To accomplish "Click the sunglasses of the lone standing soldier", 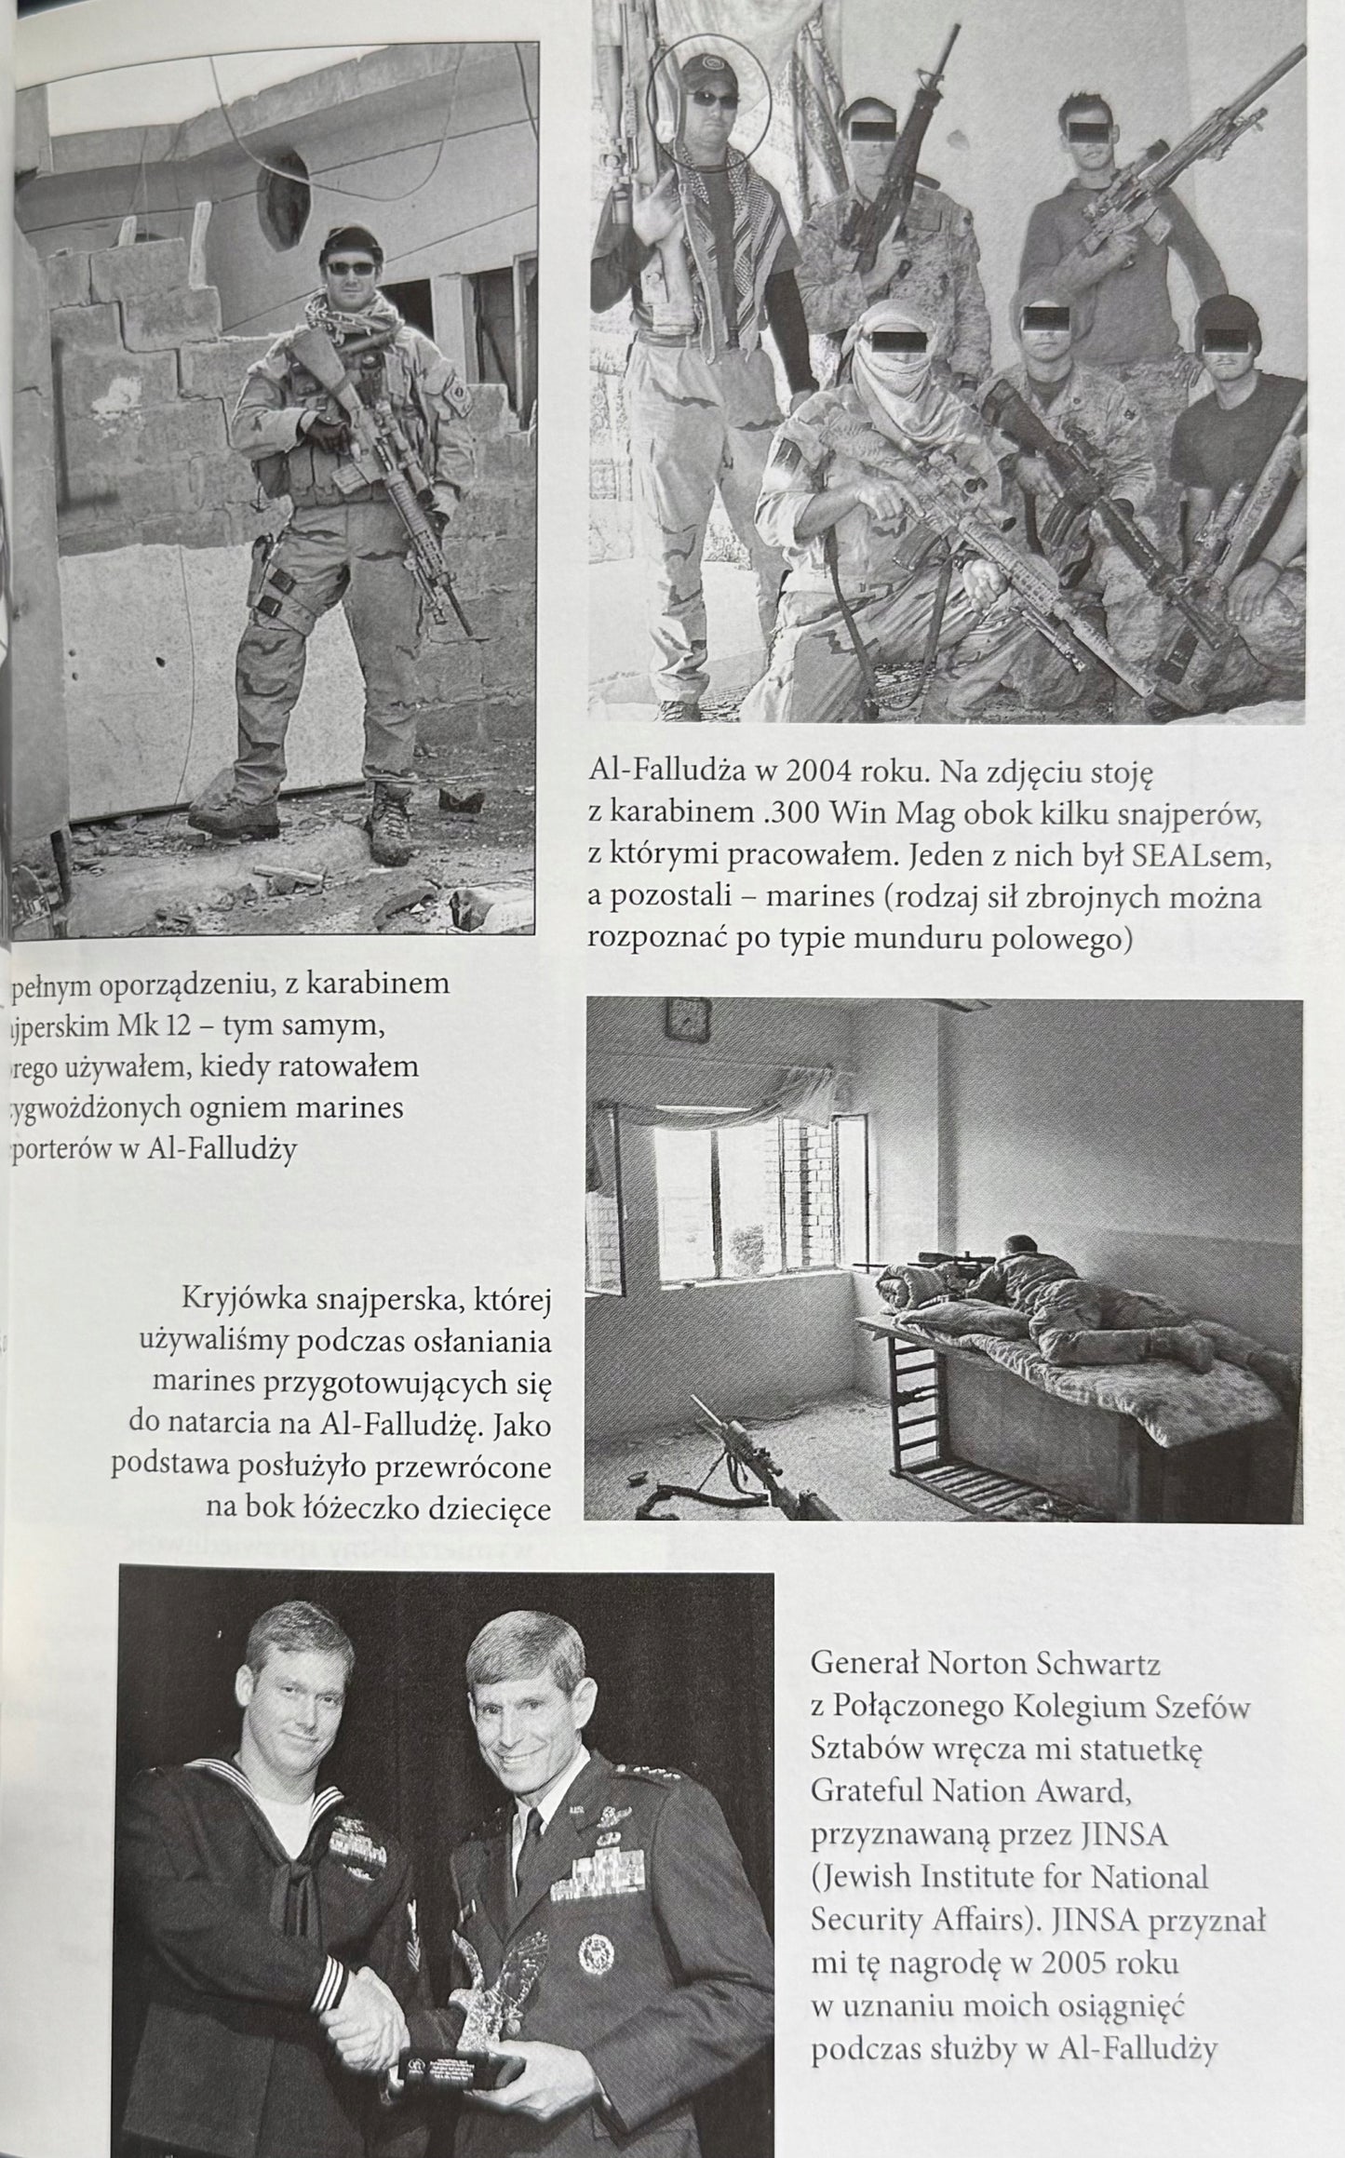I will pos(351,268).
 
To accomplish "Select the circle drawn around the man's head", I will pos(710,110).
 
